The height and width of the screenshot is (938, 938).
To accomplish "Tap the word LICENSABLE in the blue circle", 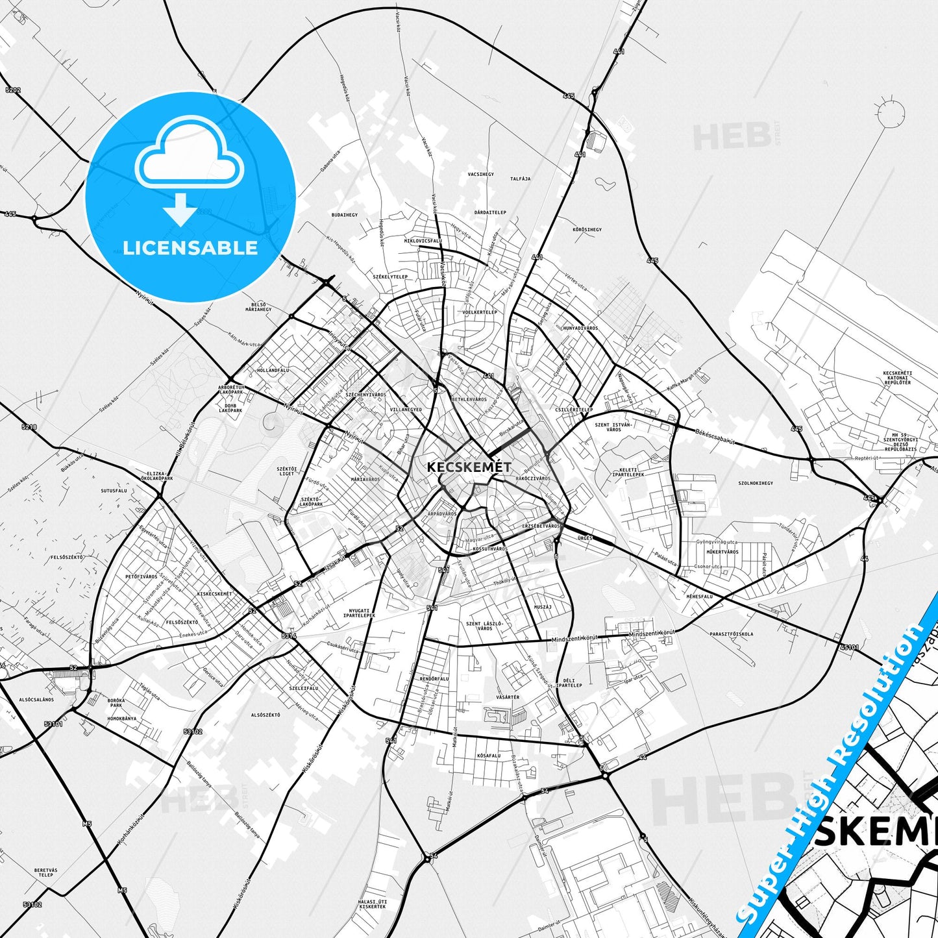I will (x=190, y=247).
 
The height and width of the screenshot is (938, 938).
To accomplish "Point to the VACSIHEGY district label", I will (x=480, y=175).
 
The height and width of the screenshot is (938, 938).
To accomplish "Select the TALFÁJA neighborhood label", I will (x=520, y=179).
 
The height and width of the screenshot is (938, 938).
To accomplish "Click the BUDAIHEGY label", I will (x=344, y=214).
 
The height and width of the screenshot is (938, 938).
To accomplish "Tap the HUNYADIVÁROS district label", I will (x=580, y=328).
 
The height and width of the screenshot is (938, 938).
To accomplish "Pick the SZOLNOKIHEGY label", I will (x=756, y=483).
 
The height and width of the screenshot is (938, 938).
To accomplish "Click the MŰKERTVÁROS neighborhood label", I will (x=722, y=552).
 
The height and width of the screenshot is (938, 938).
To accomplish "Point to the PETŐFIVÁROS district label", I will (x=141, y=576).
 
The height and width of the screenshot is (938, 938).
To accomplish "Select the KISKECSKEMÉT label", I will (x=214, y=594).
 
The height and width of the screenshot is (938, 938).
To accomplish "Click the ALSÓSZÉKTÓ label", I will (x=265, y=715).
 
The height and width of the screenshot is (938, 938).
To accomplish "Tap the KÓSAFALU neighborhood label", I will (x=488, y=756).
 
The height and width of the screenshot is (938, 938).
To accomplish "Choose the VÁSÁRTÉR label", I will (x=508, y=697).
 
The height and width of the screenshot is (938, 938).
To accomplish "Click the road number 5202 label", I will (x=12, y=90).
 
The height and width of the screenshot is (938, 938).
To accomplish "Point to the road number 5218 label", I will (x=29, y=426).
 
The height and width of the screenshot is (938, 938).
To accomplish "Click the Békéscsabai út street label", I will (x=715, y=436).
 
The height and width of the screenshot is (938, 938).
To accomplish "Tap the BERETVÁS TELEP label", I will (x=45, y=872).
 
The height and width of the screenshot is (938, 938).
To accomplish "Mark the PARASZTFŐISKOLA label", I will (x=731, y=634).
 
